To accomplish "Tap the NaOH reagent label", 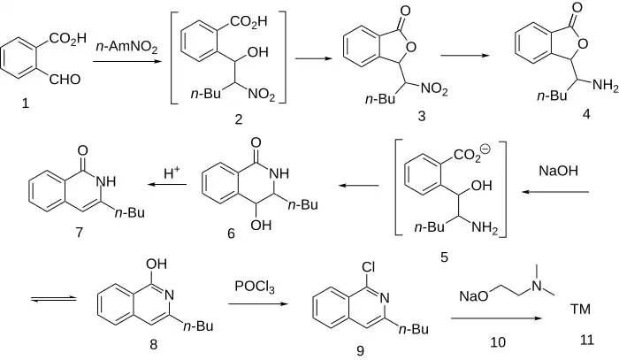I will click(563, 168).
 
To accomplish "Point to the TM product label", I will click(580, 309).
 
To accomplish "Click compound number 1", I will click(25, 104).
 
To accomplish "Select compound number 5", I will click(444, 257).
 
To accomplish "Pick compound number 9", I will click(360, 351).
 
